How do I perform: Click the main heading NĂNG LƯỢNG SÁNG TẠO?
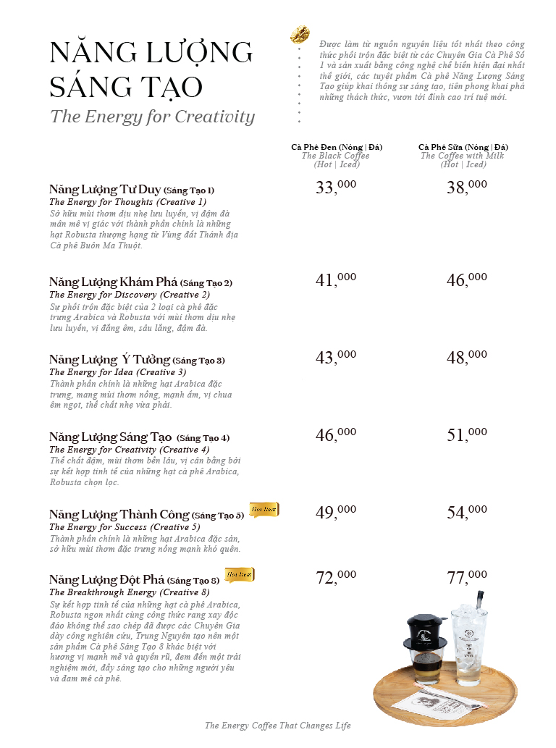[151, 70]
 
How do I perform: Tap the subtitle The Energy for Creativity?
[152, 117]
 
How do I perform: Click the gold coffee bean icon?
[300, 33]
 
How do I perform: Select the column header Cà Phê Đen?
[337, 147]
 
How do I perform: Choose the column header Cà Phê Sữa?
[463, 147]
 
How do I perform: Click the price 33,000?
[336, 188]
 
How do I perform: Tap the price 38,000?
[466, 188]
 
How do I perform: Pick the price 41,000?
[336, 280]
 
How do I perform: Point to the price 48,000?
[466, 357]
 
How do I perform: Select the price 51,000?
[466, 434]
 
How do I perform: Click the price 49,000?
[336, 512]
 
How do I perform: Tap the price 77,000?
[466, 577]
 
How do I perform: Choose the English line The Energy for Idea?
[117, 372]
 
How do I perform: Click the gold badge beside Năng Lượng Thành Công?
[264, 510]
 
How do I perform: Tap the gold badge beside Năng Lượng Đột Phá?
[239, 575]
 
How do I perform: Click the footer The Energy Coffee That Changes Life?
[277, 726]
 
